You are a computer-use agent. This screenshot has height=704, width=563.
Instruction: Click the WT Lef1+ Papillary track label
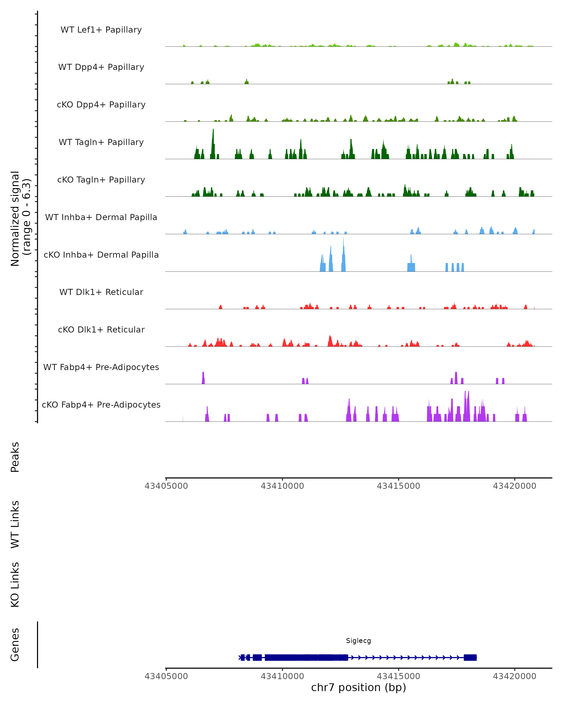click(101, 30)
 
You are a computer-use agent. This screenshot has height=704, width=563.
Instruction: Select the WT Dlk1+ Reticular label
click(101, 292)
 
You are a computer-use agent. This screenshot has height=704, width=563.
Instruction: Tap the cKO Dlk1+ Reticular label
click(101, 329)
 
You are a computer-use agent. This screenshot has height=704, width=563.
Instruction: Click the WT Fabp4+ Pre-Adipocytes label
click(101, 367)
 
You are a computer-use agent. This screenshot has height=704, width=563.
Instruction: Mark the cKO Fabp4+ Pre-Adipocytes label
click(101, 405)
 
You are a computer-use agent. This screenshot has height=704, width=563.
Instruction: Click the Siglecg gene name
click(358, 641)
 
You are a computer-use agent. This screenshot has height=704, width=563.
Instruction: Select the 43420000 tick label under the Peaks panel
click(514, 486)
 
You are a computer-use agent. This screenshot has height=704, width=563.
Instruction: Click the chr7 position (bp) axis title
click(358, 688)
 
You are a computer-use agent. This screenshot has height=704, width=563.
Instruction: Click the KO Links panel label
click(15, 585)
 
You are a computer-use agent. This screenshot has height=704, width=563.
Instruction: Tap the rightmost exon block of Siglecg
click(470, 657)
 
